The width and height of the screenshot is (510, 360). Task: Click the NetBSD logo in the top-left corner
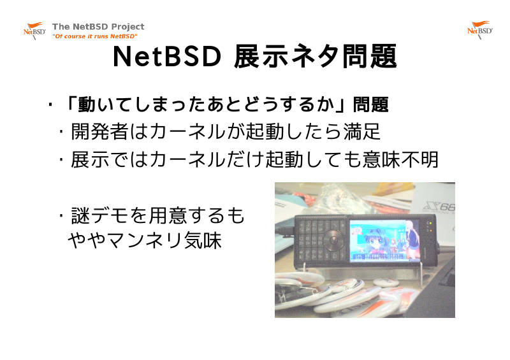click(x=34, y=31)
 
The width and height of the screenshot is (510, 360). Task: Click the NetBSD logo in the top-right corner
click(x=480, y=30)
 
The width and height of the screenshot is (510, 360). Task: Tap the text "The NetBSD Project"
click(x=98, y=26)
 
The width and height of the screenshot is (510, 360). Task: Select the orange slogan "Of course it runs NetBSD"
click(x=94, y=36)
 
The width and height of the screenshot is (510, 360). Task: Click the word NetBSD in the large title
click(x=167, y=57)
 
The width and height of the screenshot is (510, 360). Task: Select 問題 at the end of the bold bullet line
click(x=371, y=104)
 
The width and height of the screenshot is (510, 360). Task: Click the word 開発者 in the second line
click(x=99, y=132)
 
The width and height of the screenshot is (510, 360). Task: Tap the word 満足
click(x=361, y=132)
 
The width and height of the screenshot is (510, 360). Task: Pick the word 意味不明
click(x=401, y=159)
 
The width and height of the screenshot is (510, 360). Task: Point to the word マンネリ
click(x=145, y=241)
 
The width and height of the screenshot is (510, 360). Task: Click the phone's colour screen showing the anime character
click(x=385, y=241)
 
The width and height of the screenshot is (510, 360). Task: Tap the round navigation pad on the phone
click(x=333, y=240)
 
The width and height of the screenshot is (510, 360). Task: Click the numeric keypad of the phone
click(x=310, y=241)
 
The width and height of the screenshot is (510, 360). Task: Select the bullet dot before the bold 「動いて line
click(x=50, y=104)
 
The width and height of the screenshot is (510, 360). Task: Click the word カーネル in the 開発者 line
click(x=187, y=132)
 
